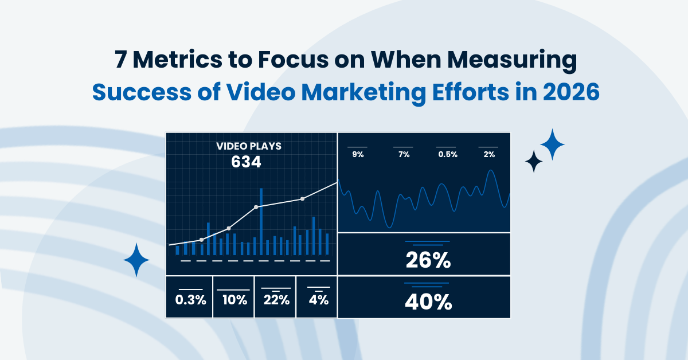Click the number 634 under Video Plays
[x=246, y=162]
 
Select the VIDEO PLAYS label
[x=248, y=146]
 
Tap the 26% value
[x=428, y=261]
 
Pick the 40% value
[x=428, y=302]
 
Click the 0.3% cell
[x=190, y=299]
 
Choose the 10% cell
[x=234, y=299]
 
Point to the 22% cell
[x=276, y=299]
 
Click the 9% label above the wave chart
[x=358, y=154]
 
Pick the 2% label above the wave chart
[x=488, y=154]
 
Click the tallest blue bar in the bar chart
[x=261, y=221]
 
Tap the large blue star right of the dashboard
[x=552, y=144]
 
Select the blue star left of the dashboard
[x=136, y=260]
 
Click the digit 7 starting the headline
[x=120, y=62]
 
